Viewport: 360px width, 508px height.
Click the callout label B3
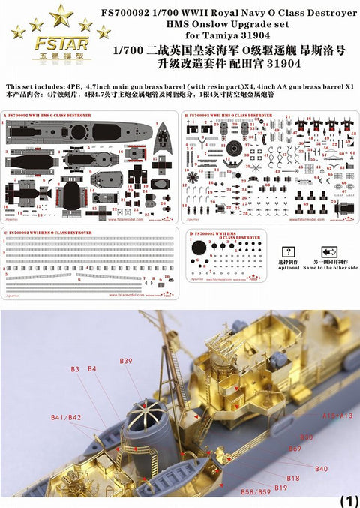click(75, 369)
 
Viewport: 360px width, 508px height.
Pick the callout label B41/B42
click(66, 416)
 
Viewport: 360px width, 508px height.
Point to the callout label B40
click(321, 469)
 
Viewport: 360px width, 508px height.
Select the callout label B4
click(91, 369)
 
